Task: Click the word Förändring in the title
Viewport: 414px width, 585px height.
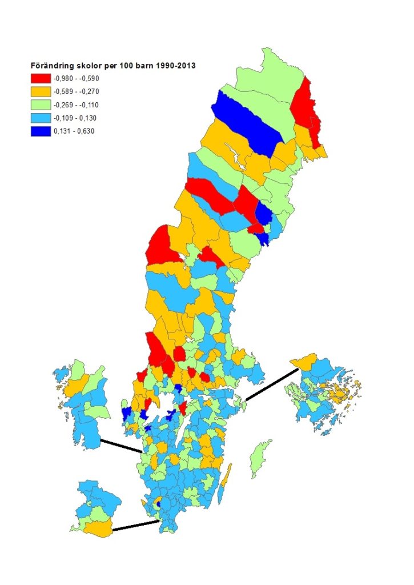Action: pyautogui.click(x=51, y=66)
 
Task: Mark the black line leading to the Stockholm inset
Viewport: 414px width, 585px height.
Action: pyautogui.click(x=271, y=383)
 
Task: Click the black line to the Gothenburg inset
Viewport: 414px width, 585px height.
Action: pyautogui.click(x=121, y=446)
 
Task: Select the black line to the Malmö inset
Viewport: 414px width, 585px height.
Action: pyautogui.click(x=136, y=526)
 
